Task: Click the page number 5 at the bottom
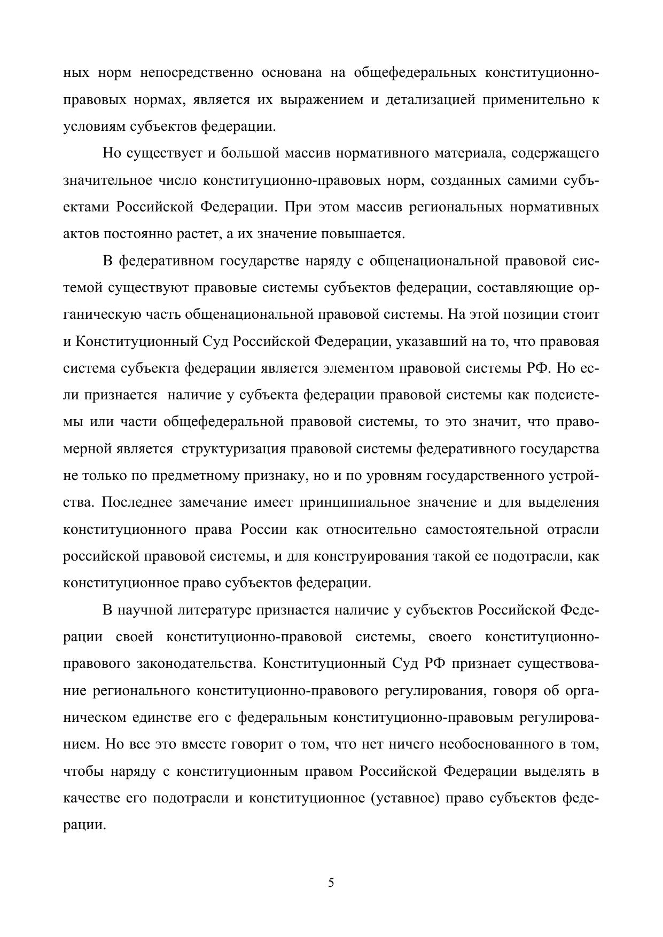(x=331, y=883)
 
